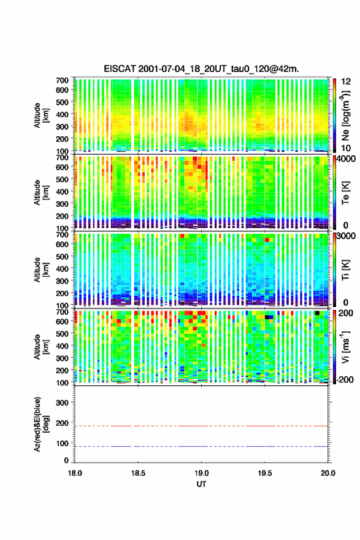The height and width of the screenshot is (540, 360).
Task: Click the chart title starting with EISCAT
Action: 201,69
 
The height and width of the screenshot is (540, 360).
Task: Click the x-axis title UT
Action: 201,484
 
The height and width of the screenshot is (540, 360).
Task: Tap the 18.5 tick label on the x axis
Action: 138,473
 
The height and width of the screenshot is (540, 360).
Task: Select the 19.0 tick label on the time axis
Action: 201,473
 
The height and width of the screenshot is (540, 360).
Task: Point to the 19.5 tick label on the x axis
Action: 265,473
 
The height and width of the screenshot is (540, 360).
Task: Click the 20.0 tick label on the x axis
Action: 327,473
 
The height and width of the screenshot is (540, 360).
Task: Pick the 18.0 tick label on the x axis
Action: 75,473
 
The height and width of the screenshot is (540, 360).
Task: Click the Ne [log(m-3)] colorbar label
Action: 345,115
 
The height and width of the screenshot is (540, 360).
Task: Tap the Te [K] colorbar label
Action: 345,193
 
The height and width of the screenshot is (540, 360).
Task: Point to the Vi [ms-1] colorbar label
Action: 345,347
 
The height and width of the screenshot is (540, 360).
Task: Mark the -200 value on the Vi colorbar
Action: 345,379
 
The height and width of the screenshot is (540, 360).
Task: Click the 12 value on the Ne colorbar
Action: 346,82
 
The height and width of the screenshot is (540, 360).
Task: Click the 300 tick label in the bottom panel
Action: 63,403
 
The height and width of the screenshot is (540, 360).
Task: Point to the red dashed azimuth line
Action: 201,426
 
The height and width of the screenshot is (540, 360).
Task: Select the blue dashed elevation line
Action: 201,446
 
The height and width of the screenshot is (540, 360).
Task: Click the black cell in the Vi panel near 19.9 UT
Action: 317,313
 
